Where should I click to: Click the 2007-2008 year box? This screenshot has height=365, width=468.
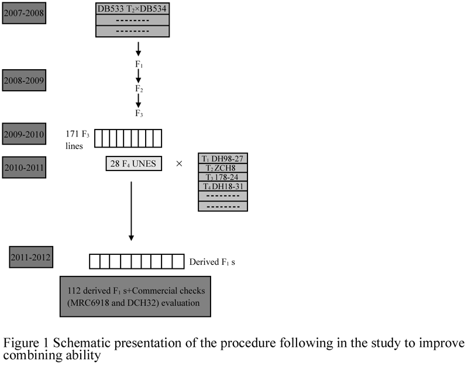[x=24, y=13]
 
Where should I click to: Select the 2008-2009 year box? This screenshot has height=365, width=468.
[x=24, y=80]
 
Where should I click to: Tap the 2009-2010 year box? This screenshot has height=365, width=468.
[x=24, y=134]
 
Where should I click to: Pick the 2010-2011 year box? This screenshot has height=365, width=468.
[x=24, y=167]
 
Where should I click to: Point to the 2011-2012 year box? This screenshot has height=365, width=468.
[x=31, y=257]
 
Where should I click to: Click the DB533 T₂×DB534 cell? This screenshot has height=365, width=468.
[x=133, y=9]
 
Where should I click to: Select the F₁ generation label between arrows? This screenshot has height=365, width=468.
[x=139, y=64]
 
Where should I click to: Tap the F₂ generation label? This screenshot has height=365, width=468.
[x=139, y=88]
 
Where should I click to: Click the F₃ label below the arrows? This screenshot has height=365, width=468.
[x=139, y=113]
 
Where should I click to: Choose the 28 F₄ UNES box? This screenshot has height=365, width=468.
[x=134, y=163]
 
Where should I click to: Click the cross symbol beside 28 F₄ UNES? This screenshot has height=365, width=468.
[x=179, y=163]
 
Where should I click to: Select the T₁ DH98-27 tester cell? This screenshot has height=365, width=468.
[x=223, y=158]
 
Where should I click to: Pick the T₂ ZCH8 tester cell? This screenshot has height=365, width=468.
[x=223, y=168]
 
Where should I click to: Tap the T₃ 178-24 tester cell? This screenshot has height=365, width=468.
[x=223, y=177]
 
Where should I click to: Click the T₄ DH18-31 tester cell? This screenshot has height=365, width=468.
[x=223, y=186]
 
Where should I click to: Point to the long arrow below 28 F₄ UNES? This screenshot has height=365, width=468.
[x=131, y=211]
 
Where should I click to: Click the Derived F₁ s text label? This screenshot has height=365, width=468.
[x=212, y=262]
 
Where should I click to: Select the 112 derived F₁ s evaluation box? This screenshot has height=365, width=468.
[x=136, y=296]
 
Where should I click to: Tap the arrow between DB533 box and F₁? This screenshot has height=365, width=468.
[x=138, y=49]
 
